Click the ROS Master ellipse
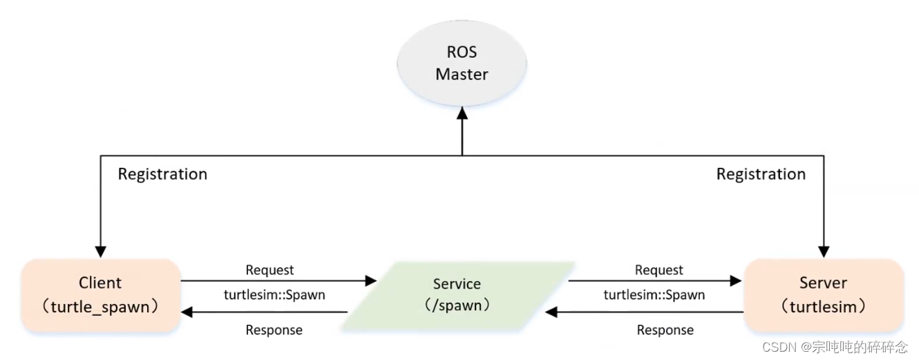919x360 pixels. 462,64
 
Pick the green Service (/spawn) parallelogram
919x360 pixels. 458,294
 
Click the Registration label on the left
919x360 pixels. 162,174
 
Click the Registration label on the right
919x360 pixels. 761,174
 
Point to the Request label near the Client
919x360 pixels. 269,270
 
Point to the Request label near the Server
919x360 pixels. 659,270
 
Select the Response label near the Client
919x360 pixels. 274,330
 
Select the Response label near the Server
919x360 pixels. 665,330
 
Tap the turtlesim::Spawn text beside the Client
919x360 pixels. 274,295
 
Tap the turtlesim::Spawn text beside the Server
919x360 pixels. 654,295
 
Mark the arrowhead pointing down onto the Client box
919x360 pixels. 101,252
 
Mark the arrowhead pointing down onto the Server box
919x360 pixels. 823,252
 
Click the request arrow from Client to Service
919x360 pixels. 276,281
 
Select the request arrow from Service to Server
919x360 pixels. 653,281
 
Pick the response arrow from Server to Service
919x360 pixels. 646,312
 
